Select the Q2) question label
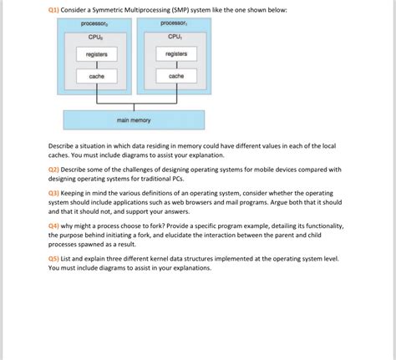pos(55,169)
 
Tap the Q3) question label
pos(55,192)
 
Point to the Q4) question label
pos(55,226)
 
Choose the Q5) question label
pos(55,259)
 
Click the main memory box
pos(134,120)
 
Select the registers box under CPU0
pos(97,54)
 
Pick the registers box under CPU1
pos(175,54)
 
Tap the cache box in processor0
pos(97,76)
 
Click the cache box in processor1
pos(175,76)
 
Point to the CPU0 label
pos(96,37)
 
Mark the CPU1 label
pos(175,37)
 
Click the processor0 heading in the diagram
pos(97,24)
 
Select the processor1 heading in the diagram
pos(175,24)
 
